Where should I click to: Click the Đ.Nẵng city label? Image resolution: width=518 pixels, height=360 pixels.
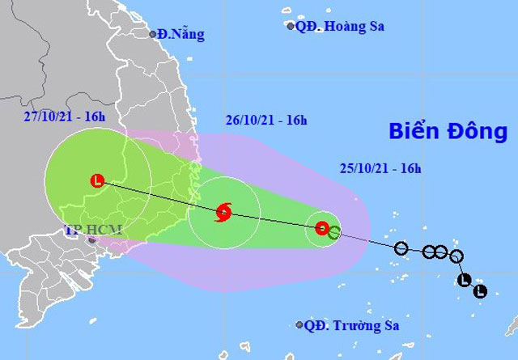click(x=182, y=34)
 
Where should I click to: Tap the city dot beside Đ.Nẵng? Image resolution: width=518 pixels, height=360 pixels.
click(x=152, y=34)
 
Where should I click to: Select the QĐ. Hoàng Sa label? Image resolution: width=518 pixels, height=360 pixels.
click(x=340, y=26)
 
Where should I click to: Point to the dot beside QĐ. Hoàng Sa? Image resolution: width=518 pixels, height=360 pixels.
click(x=291, y=27)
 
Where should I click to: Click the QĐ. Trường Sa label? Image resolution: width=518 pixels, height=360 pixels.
click(x=352, y=326)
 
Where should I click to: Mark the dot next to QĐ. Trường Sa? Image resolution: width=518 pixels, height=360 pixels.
click(x=299, y=326)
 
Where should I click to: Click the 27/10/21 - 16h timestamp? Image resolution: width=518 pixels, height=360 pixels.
click(x=65, y=116)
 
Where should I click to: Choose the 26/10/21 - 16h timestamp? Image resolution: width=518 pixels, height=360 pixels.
click(x=267, y=121)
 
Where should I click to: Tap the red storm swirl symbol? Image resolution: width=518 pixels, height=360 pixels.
click(x=223, y=213)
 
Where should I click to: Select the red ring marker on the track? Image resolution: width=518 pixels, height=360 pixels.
click(x=322, y=229)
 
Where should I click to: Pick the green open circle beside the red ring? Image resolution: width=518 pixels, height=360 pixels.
click(x=334, y=234)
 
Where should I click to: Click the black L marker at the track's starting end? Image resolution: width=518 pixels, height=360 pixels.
click(x=480, y=291)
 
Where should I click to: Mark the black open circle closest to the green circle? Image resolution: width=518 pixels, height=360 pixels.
click(x=401, y=248)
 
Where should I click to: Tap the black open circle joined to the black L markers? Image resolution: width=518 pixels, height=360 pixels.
click(x=456, y=257)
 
